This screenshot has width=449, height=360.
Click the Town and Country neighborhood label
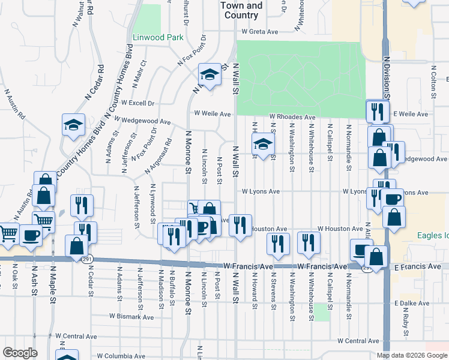pos(241,10)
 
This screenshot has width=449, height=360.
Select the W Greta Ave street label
pos(262,32)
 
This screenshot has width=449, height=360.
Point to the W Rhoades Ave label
pos(292,117)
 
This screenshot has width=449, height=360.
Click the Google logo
pos(20,353)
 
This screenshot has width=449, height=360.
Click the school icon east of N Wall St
pos(262,144)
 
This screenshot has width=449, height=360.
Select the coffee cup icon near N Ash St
pos(31,235)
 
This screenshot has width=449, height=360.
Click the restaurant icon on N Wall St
pos(240,226)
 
